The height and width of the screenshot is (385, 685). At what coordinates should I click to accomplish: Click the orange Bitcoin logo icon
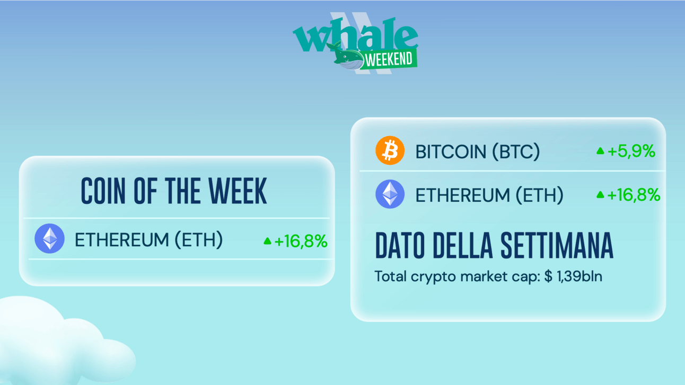pyautogui.click(x=390, y=150)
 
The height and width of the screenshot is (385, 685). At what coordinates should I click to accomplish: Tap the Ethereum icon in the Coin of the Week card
pyautogui.click(x=49, y=239)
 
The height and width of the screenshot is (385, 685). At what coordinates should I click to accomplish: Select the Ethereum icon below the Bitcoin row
pyautogui.click(x=390, y=194)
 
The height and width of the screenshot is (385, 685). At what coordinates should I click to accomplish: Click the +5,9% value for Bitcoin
pyautogui.click(x=631, y=151)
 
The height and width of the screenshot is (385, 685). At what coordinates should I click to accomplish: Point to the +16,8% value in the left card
pyautogui.click(x=301, y=241)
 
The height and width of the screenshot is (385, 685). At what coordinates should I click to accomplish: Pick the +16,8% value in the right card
pyautogui.click(x=634, y=195)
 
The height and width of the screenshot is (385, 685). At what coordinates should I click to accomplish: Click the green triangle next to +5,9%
pyautogui.click(x=600, y=150)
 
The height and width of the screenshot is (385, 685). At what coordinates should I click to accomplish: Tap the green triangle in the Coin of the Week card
pyautogui.click(x=267, y=241)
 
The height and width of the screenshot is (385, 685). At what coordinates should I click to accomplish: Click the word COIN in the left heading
pyautogui.click(x=103, y=191)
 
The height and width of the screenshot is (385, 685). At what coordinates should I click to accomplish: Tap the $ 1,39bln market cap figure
pyautogui.click(x=573, y=276)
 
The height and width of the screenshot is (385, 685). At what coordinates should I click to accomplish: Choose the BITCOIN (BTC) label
pyautogui.click(x=477, y=152)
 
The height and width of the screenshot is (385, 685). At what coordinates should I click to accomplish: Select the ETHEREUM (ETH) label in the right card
pyautogui.click(x=489, y=195)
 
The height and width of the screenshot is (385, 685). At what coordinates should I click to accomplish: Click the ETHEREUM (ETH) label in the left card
pyautogui.click(x=148, y=240)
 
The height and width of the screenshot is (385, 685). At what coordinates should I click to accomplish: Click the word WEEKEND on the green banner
pyautogui.click(x=389, y=59)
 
